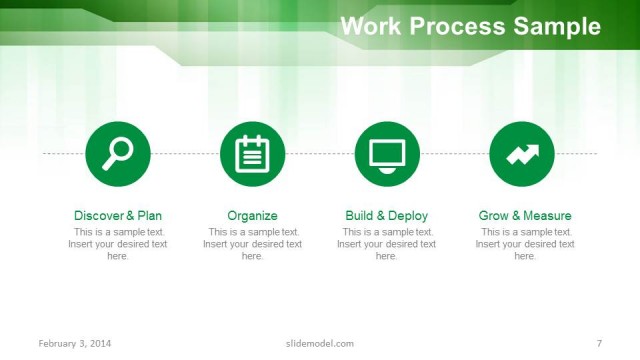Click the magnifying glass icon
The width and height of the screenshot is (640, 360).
(x=118, y=153)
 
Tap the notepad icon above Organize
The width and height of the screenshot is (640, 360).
(x=252, y=153)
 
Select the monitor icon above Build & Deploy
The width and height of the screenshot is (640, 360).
(x=387, y=153)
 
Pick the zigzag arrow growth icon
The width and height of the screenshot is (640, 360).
(x=522, y=153)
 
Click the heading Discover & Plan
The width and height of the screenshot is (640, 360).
(x=118, y=215)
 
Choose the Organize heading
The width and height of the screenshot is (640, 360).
(x=252, y=215)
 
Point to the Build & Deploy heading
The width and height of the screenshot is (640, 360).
(x=387, y=215)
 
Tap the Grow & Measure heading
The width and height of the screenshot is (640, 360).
(x=525, y=215)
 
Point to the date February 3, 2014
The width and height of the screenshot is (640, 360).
(x=75, y=344)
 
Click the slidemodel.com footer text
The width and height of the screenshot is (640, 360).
(x=313, y=344)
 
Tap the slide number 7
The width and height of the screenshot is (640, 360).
(x=599, y=344)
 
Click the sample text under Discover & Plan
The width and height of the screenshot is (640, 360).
(x=118, y=244)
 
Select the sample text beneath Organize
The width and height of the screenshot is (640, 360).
(x=252, y=244)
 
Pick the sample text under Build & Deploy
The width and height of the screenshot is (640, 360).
(x=387, y=244)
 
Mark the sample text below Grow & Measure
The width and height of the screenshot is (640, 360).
(x=525, y=244)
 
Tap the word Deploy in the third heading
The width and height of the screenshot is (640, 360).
(x=408, y=215)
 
